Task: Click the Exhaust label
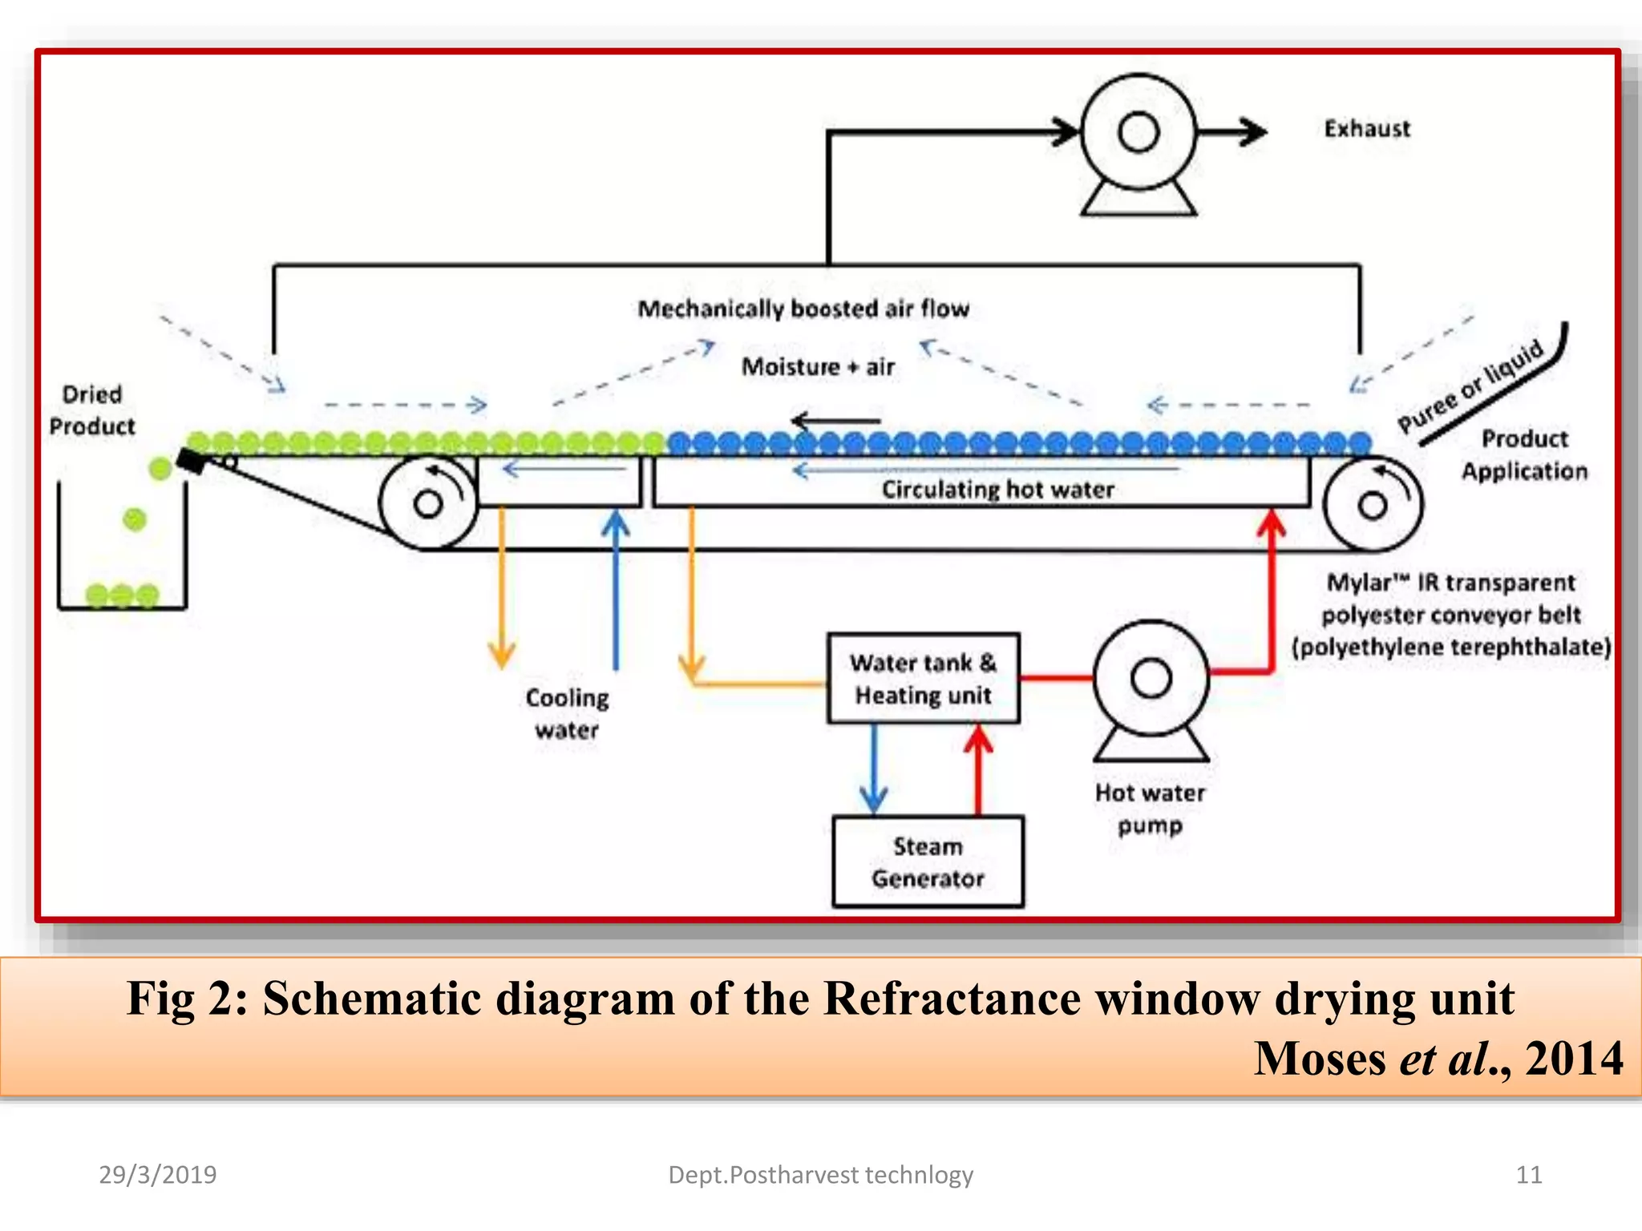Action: pyautogui.click(x=1366, y=129)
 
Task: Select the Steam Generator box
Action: pyautogui.click(x=928, y=862)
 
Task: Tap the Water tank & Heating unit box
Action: pyautogui.click(x=923, y=679)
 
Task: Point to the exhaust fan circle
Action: pyautogui.click(x=1138, y=132)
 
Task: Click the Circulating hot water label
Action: pyautogui.click(x=997, y=490)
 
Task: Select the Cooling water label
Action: pyautogui.click(x=567, y=713)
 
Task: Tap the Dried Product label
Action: pyautogui.click(x=91, y=410)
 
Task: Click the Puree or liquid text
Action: pyautogui.click(x=1470, y=386)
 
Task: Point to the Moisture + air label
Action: pyautogui.click(x=817, y=367)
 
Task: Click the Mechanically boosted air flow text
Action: pyautogui.click(x=803, y=309)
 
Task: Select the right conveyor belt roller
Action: pyautogui.click(x=1372, y=505)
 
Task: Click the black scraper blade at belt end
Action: pyautogui.click(x=192, y=462)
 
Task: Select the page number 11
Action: pyautogui.click(x=1528, y=1175)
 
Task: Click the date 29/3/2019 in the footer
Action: pyautogui.click(x=157, y=1175)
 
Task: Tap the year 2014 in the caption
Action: pyautogui.click(x=1573, y=1059)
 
